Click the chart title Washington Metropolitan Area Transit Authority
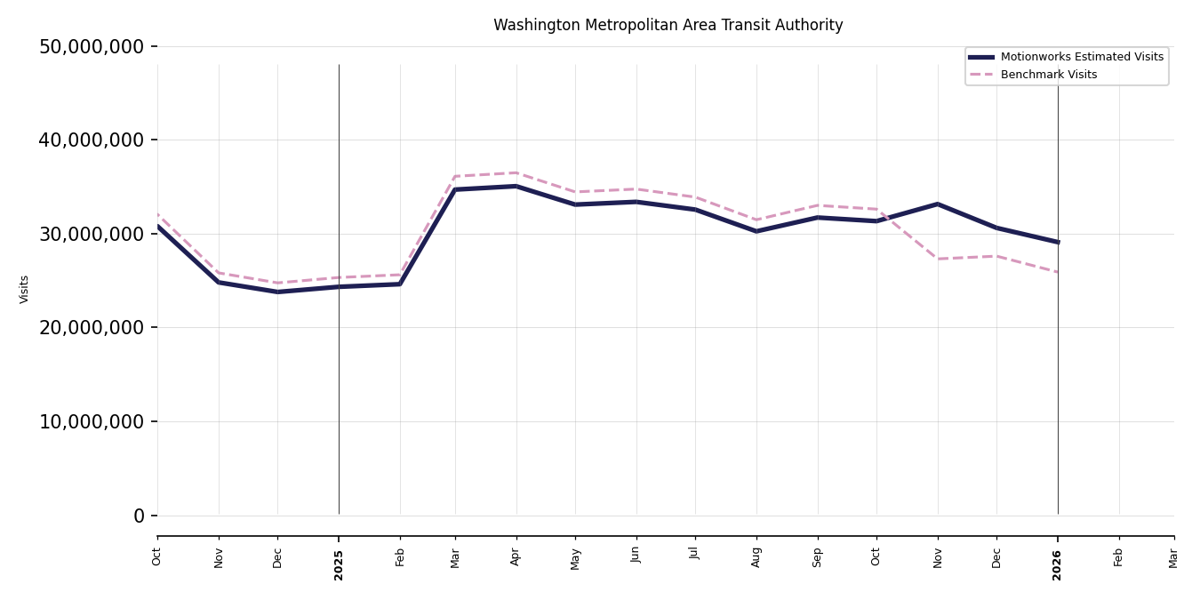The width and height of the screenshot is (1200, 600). [668, 26]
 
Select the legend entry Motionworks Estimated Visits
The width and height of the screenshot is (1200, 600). [1081, 57]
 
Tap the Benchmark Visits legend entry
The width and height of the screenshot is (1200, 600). [1048, 75]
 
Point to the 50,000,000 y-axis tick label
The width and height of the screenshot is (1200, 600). [91, 46]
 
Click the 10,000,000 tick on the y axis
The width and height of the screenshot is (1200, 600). [91, 421]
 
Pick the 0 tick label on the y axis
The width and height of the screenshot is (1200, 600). [139, 516]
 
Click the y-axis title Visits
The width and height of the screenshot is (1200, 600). [25, 289]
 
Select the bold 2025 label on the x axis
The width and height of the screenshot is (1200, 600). [339, 564]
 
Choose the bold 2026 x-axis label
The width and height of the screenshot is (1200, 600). [1058, 564]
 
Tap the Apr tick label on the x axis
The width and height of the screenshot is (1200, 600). [516, 556]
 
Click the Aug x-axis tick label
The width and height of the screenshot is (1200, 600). [756, 556]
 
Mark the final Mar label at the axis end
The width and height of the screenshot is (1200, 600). [1173, 556]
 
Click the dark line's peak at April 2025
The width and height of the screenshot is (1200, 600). [516, 186]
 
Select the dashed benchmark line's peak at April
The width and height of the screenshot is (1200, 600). [516, 172]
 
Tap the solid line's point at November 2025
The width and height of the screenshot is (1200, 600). [938, 204]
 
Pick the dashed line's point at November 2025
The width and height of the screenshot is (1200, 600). [938, 259]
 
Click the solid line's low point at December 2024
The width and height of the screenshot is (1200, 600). [277, 292]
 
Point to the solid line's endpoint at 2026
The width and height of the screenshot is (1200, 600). [1058, 242]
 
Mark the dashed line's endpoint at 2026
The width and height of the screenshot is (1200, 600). [1058, 272]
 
